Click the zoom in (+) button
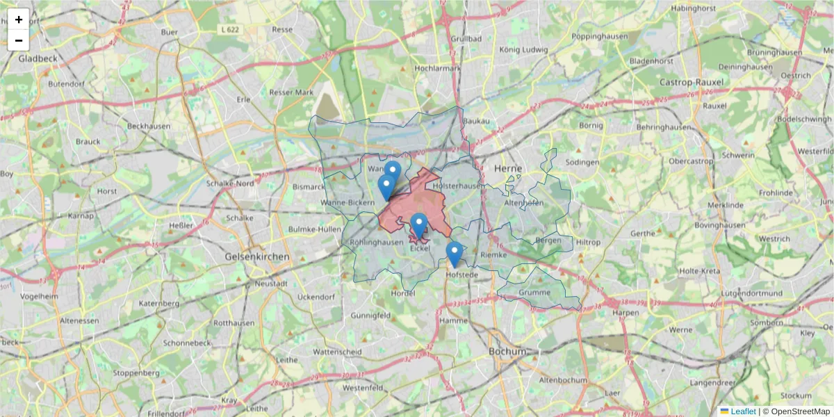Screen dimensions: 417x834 coord(19,19)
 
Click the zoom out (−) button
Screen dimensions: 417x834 coord(19,40)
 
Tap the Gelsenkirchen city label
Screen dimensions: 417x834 coord(257,256)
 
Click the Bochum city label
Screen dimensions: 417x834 coord(507,351)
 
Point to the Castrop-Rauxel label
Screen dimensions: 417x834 coord(691,82)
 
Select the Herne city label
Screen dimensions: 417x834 coord(507,169)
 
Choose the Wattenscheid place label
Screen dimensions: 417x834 coord(338,352)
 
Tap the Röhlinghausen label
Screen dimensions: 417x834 coord(377,242)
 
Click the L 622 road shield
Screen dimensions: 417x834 coord(229,30)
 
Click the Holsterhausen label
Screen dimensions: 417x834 coord(458,186)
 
